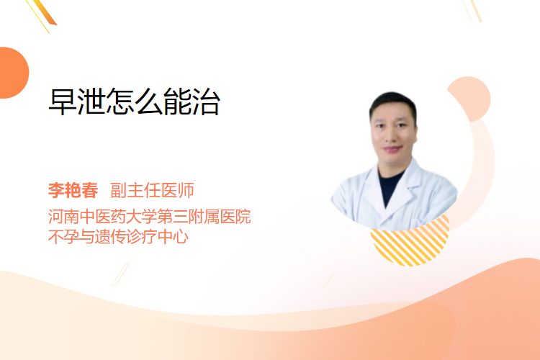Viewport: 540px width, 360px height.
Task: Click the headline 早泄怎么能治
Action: [135, 102]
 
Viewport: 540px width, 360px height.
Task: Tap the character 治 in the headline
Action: [207, 102]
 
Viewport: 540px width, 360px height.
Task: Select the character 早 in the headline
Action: [63, 102]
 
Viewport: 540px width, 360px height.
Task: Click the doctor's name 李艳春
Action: [73, 190]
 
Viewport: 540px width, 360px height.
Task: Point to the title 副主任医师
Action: [152, 190]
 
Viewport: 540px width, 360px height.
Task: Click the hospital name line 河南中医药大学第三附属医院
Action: [150, 216]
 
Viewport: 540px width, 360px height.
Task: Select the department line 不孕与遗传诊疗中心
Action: [119, 236]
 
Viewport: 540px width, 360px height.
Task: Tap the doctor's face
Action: [394, 132]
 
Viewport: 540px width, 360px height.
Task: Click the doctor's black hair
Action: [392, 102]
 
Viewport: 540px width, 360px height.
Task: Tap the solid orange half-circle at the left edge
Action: [14, 73]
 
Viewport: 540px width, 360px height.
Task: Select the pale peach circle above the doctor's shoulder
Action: [471, 98]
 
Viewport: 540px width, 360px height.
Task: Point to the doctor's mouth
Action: [392, 149]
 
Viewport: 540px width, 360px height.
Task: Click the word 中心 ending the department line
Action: [173, 236]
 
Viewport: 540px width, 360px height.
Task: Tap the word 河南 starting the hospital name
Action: [63, 216]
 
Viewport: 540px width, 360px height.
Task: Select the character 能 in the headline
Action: [178, 102]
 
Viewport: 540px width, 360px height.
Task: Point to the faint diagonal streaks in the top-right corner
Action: [472, 10]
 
